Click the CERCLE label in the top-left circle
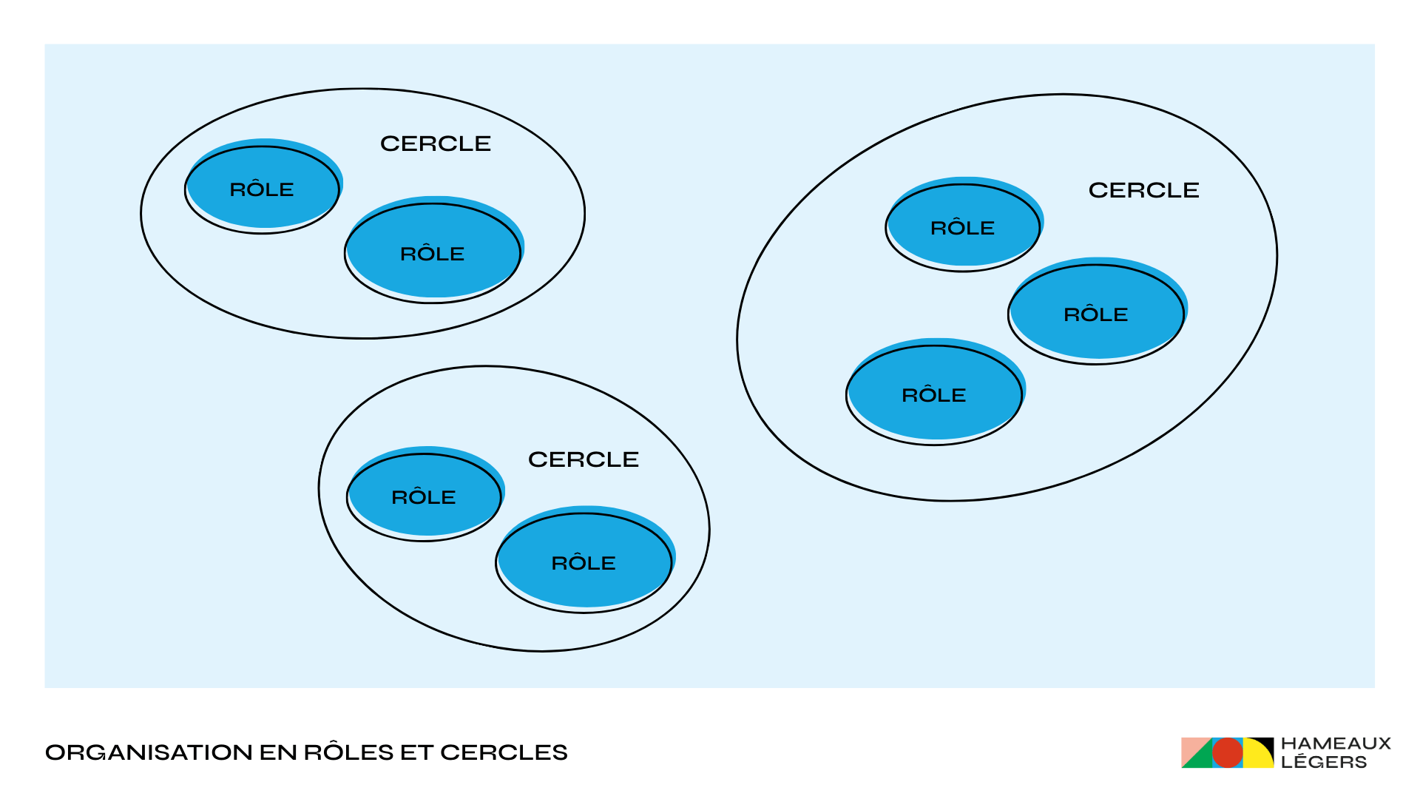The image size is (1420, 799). point(435,144)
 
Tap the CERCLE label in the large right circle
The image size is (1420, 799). point(1143,190)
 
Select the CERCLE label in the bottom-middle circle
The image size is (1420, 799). point(583,459)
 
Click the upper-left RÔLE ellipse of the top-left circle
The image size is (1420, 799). point(262,189)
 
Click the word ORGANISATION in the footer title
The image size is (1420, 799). point(149,752)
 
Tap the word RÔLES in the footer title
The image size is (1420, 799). point(348,752)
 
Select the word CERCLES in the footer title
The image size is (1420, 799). point(504,752)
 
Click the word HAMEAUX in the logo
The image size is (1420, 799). point(1336,744)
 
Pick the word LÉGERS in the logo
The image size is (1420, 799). point(1324,762)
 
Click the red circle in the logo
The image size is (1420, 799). point(1227,753)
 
